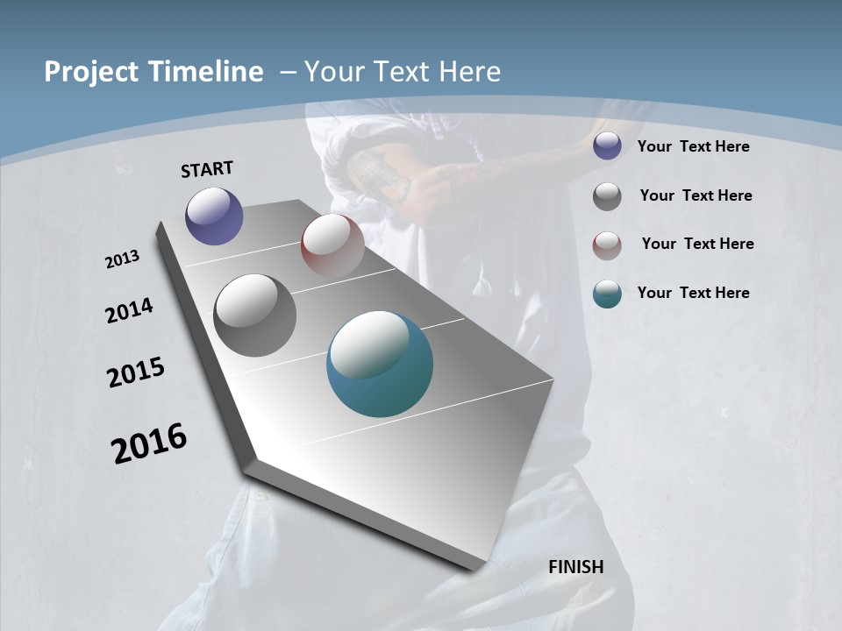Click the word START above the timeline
(x=207, y=169)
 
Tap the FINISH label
(x=576, y=567)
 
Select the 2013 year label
(x=122, y=259)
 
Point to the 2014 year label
(x=129, y=311)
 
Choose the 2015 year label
(x=136, y=372)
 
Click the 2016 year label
(x=149, y=443)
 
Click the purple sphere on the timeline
(x=214, y=216)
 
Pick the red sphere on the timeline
(x=332, y=245)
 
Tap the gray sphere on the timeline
(x=255, y=315)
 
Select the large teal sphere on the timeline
(x=380, y=364)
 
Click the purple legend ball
(x=607, y=146)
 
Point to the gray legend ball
(x=607, y=196)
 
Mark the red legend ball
(x=607, y=245)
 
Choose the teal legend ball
(x=607, y=294)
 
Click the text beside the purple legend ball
(x=693, y=146)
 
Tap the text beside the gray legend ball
(x=696, y=195)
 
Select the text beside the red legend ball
(x=697, y=244)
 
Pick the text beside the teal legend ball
(x=693, y=293)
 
